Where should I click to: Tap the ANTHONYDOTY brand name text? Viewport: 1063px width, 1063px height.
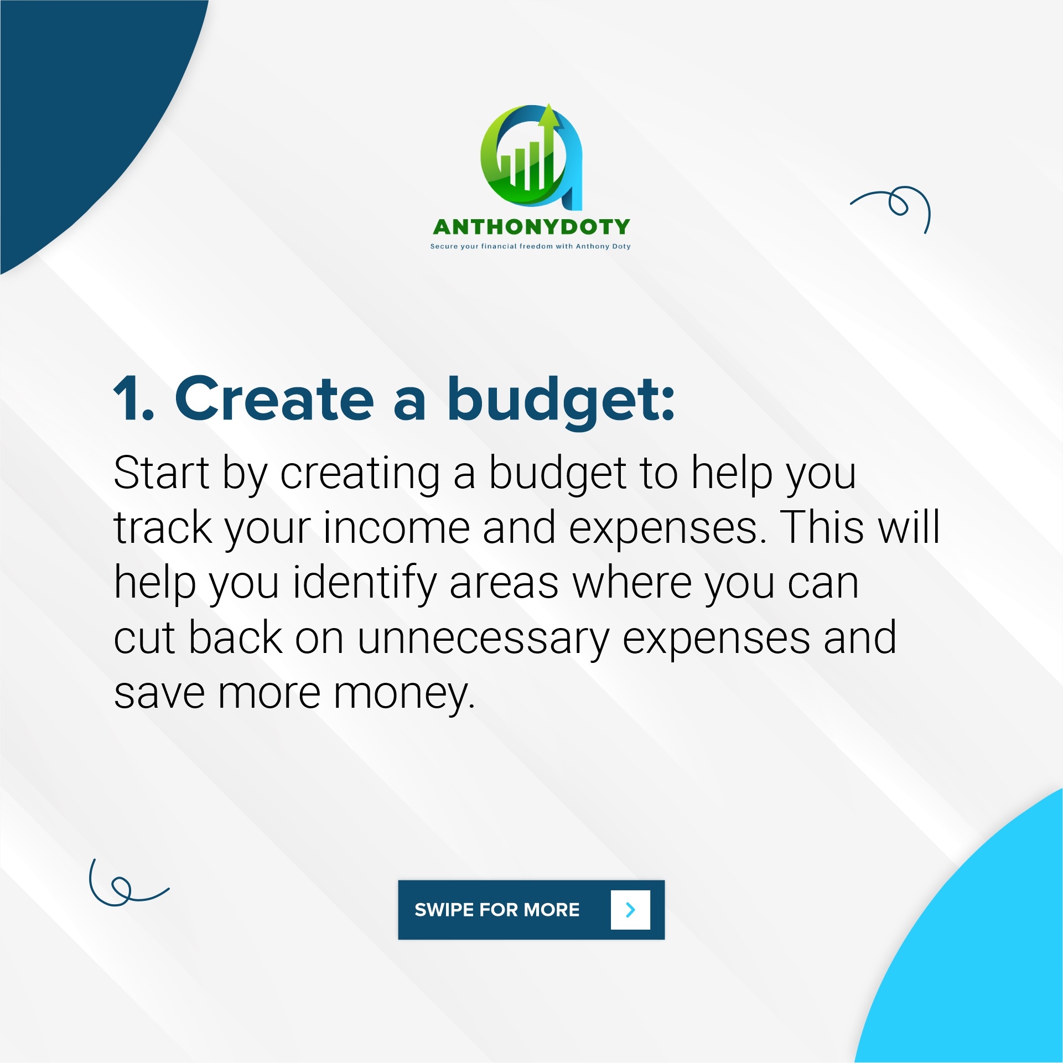pos(531,227)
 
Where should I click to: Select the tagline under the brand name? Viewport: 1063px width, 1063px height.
pos(531,246)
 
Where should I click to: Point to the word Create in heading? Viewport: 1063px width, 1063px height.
pos(274,397)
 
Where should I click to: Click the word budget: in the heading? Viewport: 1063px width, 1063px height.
pos(562,402)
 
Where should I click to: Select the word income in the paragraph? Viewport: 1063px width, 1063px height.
pos(397,528)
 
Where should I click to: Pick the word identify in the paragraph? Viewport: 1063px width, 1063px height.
pos(365,583)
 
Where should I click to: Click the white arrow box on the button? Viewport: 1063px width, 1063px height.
pos(630,910)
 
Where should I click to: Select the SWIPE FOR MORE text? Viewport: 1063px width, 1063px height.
pos(497,910)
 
